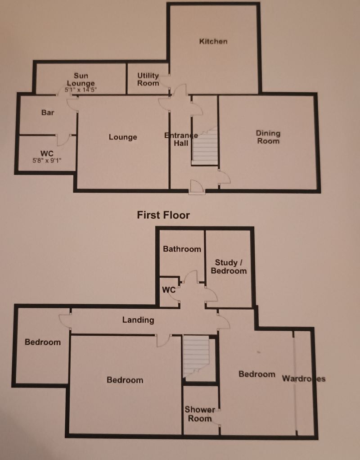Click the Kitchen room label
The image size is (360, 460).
pyautogui.click(x=213, y=41)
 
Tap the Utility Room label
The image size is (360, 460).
pyautogui.click(x=148, y=80)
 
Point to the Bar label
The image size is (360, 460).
pyautogui.click(x=48, y=113)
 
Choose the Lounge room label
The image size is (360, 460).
pyautogui.click(x=122, y=137)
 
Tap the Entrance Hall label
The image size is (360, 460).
pyautogui.click(x=181, y=140)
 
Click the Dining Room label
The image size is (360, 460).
pyautogui.click(x=268, y=137)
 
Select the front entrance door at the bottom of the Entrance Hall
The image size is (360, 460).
pyautogui.click(x=197, y=187)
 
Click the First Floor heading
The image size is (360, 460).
pyautogui.click(x=163, y=215)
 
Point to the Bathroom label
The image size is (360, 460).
pyautogui.click(x=182, y=249)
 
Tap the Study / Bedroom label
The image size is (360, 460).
pyautogui.click(x=230, y=266)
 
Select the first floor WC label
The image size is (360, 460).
pyautogui.click(x=168, y=290)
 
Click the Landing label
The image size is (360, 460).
pyautogui.click(x=138, y=320)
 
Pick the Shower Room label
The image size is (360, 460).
pyautogui.click(x=199, y=414)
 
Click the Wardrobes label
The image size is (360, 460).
pyautogui.click(x=303, y=378)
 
